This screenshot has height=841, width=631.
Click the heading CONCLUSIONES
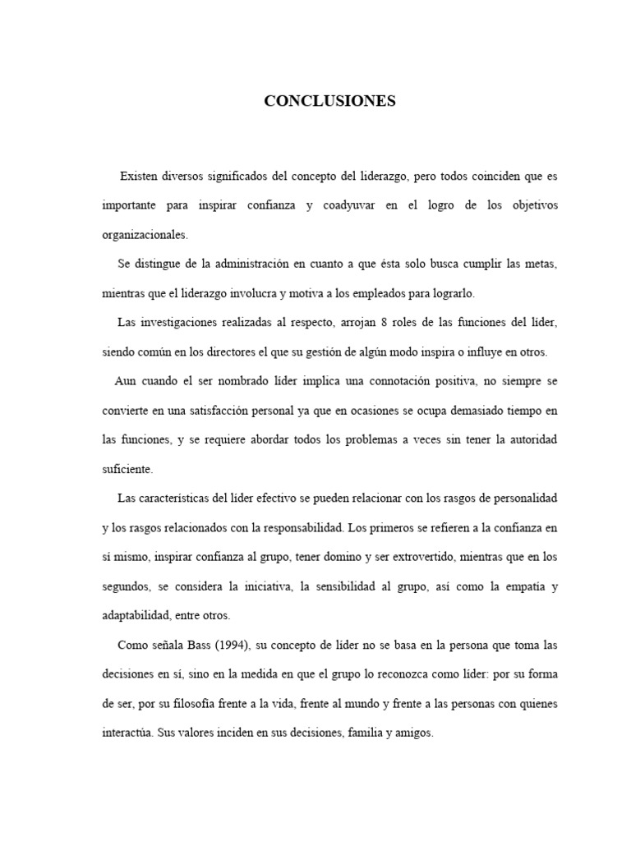tap(329, 101)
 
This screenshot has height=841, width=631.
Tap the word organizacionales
tap(145, 234)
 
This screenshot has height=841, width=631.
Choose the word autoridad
tap(524, 439)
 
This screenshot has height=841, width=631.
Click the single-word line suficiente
tap(127, 469)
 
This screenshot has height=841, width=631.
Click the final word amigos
tap(412, 733)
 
